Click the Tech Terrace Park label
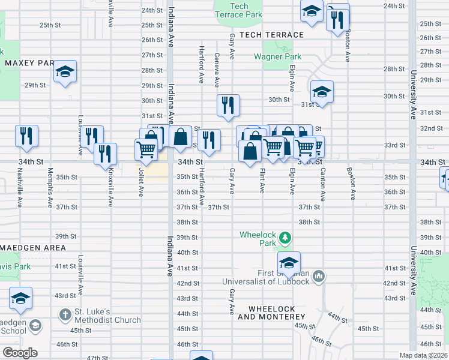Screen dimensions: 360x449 (238, 10)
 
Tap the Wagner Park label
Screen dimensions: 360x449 (277, 56)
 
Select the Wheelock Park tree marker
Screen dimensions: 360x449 (285, 238)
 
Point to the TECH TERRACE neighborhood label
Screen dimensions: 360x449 (269, 35)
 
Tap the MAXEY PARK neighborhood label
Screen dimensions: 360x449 (29, 62)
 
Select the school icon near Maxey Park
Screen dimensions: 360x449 (65, 72)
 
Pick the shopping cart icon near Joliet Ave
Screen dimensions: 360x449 (146, 149)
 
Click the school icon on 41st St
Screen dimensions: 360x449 (289, 263)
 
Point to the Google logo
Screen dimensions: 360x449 (19, 353)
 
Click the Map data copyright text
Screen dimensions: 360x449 (424, 355)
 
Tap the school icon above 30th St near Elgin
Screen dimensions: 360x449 (322, 92)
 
